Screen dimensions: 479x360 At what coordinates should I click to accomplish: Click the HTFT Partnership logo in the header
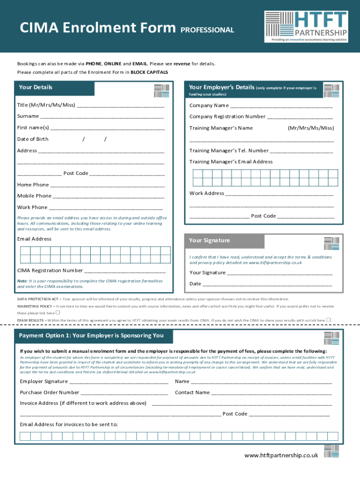point(306,26)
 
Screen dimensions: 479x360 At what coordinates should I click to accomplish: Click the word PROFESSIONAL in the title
point(207,30)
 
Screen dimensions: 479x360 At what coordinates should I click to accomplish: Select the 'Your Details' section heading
point(36,87)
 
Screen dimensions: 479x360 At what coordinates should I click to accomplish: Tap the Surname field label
point(28,116)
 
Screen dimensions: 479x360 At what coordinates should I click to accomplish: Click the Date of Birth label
point(33,139)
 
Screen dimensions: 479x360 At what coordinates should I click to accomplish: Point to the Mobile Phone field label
point(34,196)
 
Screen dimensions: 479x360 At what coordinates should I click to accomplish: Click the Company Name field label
point(209,105)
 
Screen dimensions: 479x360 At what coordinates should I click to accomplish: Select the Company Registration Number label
point(227,116)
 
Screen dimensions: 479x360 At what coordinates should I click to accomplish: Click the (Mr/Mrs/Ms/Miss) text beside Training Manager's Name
point(310,128)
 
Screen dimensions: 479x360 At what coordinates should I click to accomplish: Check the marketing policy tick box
point(58,312)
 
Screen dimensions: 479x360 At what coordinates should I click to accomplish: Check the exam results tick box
point(328,319)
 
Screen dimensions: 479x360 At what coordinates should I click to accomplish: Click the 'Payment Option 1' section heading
point(91,335)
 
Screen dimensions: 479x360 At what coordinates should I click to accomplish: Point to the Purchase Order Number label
point(50,392)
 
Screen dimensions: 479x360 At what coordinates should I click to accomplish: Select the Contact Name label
point(192,392)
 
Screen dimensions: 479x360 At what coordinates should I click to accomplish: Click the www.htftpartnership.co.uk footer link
point(281,455)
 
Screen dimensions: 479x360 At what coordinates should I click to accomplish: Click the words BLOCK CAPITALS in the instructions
point(149,73)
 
